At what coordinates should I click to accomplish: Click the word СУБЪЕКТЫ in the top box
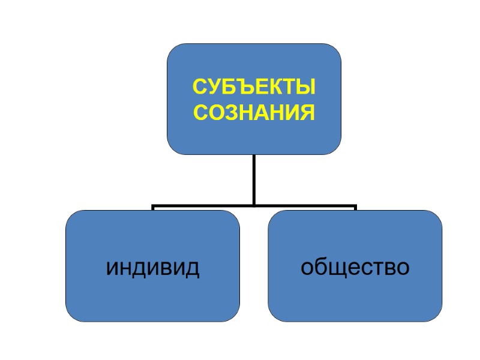click(254, 87)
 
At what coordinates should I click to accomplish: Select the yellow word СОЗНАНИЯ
click(254, 112)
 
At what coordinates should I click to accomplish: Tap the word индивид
click(152, 268)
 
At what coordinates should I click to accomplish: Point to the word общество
click(355, 268)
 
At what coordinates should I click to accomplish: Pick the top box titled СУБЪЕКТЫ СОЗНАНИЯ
click(254, 60)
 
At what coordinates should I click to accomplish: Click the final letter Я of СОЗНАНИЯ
click(308, 112)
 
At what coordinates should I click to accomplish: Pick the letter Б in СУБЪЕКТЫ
click(223, 87)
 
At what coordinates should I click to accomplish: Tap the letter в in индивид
click(168, 268)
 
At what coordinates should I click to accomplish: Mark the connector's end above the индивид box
click(153, 208)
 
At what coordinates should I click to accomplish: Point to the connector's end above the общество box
click(355, 208)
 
